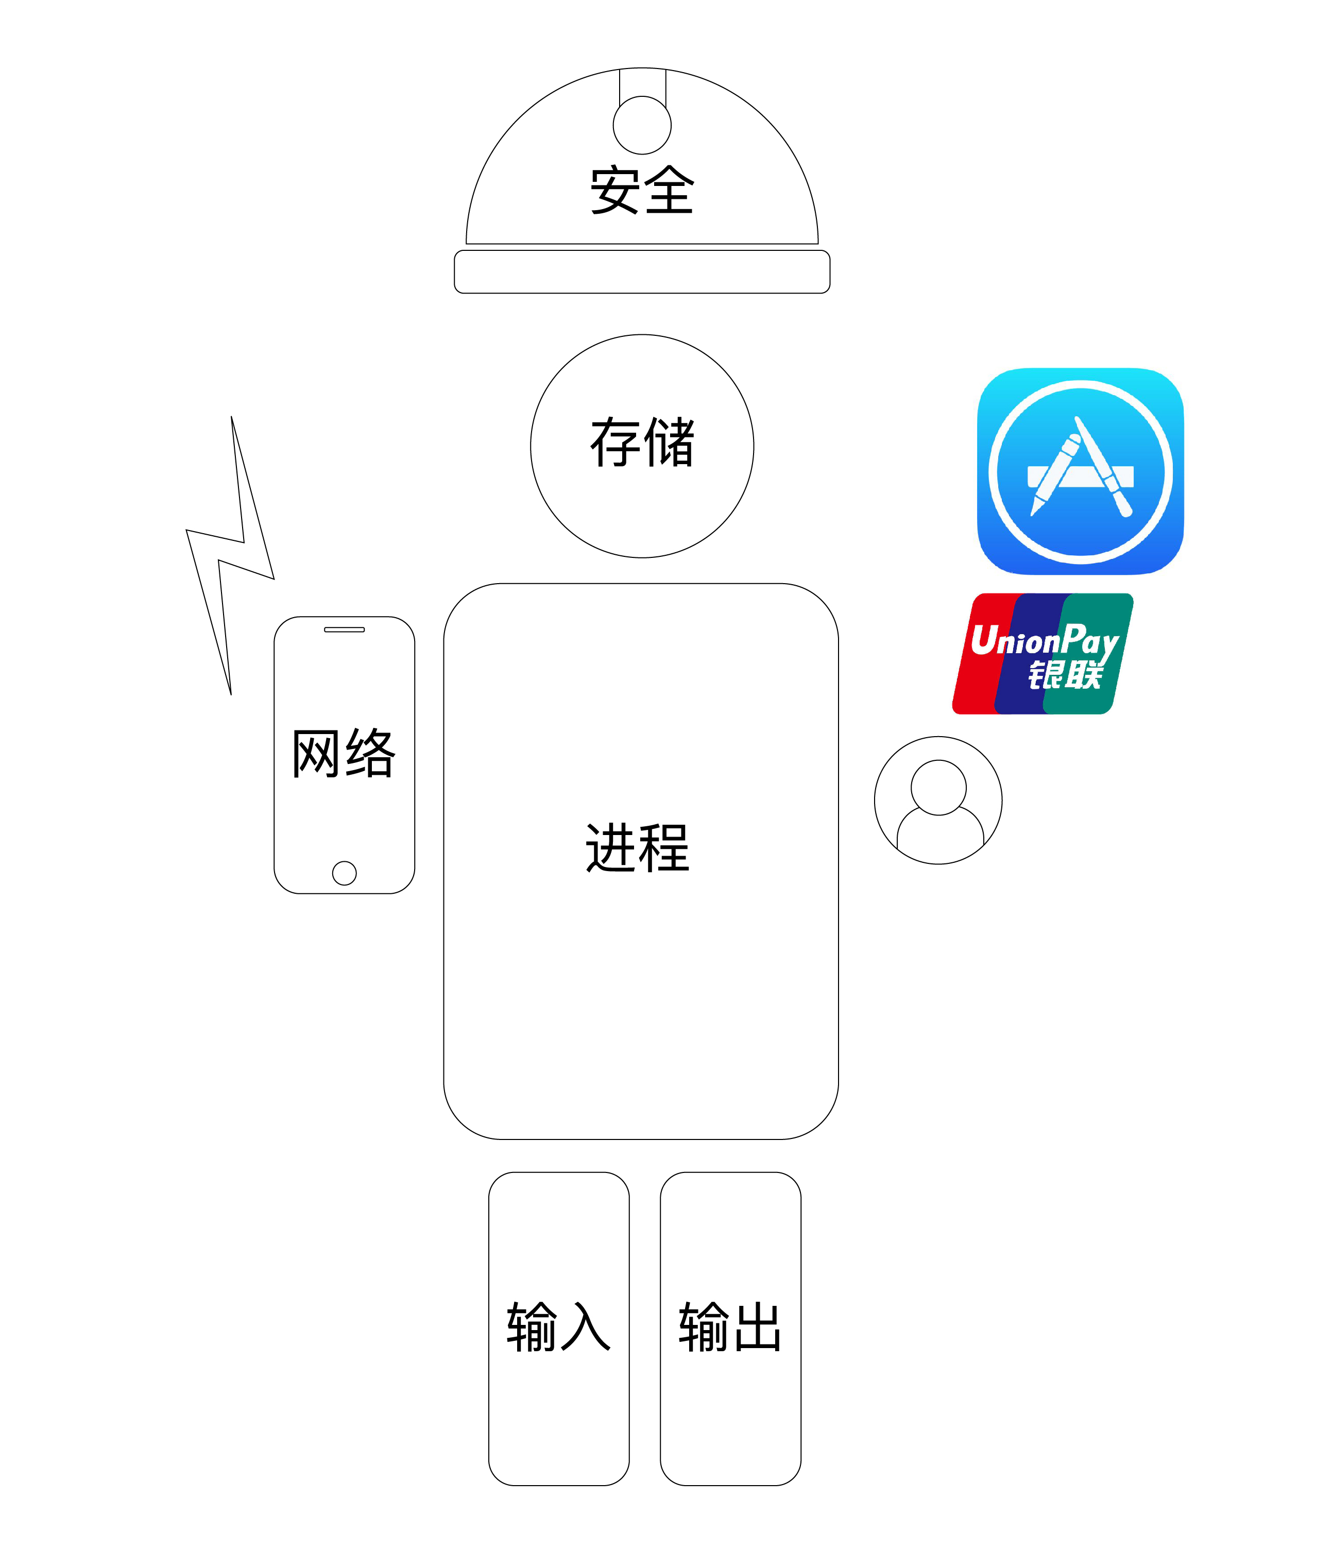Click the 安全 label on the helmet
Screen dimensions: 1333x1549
tap(642, 190)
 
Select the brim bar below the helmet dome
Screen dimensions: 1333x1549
tap(642, 272)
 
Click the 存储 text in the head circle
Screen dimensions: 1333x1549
tap(642, 442)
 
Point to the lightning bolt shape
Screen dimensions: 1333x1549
tap(230, 555)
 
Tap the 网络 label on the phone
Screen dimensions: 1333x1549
tap(344, 753)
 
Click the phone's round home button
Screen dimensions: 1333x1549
tap(345, 873)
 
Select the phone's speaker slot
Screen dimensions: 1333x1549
tap(345, 629)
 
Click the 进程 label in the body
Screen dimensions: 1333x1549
tap(638, 848)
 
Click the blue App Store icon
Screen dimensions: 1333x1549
tap(1080, 471)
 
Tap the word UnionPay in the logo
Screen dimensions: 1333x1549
tap(1045, 641)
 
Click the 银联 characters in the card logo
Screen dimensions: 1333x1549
tap(1065, 675)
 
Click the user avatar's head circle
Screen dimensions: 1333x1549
tap(939, 787)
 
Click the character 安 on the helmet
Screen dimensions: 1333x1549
tap(616, 190)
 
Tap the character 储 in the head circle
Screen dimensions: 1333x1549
tap(669, 442)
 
